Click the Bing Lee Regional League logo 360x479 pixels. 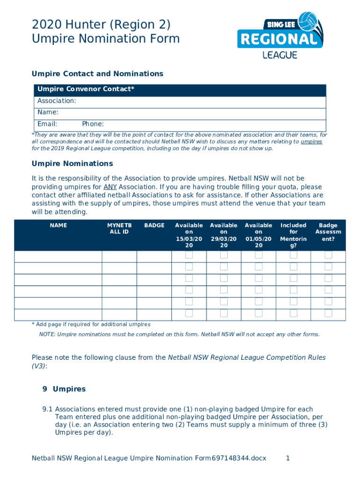click(x=280, y=36)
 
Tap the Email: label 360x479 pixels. click(x=47, y=124)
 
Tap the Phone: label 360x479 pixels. click(x=93, y=124)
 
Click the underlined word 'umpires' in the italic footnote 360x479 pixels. click(x=311, y=142)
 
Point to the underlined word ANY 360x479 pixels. click(x=110, y=187)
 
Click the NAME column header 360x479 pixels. click(x=58, y=225)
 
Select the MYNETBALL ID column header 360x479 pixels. click(x=119, y=229)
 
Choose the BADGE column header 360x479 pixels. click(x=154, y=225)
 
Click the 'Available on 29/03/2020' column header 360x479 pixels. click(x=223, y=235)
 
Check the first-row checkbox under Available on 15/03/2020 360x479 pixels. click(x=189, y=255)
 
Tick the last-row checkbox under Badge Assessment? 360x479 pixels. click(x=328, y=313)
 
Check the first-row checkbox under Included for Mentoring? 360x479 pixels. click(x=294, y=255)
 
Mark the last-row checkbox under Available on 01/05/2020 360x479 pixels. click(x=259, y=313)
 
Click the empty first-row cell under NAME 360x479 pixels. click(x=58, y=257)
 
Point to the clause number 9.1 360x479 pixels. click(x=48, y=409)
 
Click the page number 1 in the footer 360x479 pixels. click(x=288, y=458)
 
